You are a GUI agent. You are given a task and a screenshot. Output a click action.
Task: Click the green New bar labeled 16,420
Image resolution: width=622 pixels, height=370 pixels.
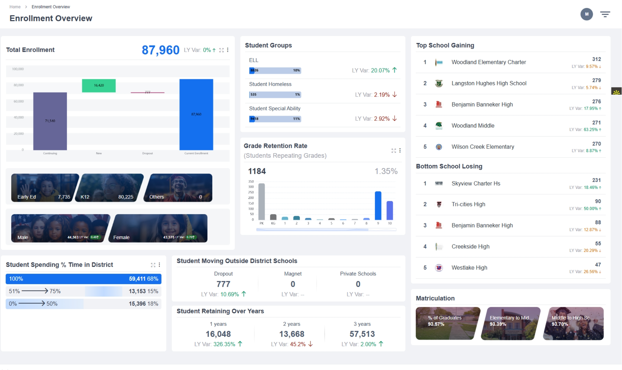click(99, 86)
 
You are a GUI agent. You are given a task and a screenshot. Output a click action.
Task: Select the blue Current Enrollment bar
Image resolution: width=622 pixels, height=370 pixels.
click(196, 114)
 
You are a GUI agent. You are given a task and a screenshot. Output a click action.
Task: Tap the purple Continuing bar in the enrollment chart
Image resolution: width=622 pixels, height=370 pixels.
click(50, 121)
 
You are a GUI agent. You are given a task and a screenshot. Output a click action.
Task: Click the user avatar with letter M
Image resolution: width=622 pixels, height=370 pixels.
click(586, 14)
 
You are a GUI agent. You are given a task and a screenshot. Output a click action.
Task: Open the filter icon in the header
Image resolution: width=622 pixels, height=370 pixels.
click(605, 14)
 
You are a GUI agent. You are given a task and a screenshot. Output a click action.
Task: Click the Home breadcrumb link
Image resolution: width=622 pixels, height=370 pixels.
click(15, 7)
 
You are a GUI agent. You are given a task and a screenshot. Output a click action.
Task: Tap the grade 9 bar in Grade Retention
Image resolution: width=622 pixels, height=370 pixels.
click(378, 206)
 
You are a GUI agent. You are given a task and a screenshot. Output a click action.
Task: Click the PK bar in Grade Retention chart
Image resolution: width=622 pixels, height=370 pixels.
click(262, 202)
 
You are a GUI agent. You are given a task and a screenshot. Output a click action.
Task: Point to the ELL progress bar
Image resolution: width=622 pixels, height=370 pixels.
click(275, 70)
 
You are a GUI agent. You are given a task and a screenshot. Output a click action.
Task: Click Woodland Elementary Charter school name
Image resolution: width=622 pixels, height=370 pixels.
click(489, 62)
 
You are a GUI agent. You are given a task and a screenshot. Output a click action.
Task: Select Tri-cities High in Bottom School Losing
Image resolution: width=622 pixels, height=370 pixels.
click(468, 204)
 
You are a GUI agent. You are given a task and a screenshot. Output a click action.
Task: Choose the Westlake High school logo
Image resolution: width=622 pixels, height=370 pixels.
click(439, 268)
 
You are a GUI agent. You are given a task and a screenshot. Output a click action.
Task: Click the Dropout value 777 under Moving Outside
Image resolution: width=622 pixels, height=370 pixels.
click(223, 284)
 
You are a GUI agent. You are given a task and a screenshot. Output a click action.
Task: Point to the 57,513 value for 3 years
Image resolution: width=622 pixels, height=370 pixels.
click(362, 334)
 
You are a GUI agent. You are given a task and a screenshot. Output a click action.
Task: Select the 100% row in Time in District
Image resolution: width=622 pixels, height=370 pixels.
click(83, 279)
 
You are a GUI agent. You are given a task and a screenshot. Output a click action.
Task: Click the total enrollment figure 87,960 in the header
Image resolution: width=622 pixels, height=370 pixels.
click(160, 50)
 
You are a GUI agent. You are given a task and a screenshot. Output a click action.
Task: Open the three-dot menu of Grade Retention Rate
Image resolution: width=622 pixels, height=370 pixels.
click(400, 150)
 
